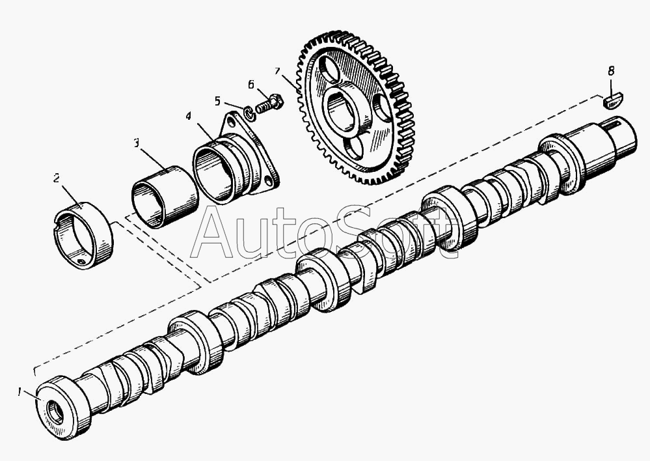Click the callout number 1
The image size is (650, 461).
coord(20,392)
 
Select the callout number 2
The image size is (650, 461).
coord(57,177)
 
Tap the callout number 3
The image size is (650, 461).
coord(137,143)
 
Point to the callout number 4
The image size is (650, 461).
coord(188,116)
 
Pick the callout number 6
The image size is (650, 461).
coord(251,84)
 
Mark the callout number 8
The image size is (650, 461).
coord(610,70)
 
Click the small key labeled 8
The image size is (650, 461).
coord(614,101)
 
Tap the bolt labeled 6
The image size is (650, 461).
coord(267,104)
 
